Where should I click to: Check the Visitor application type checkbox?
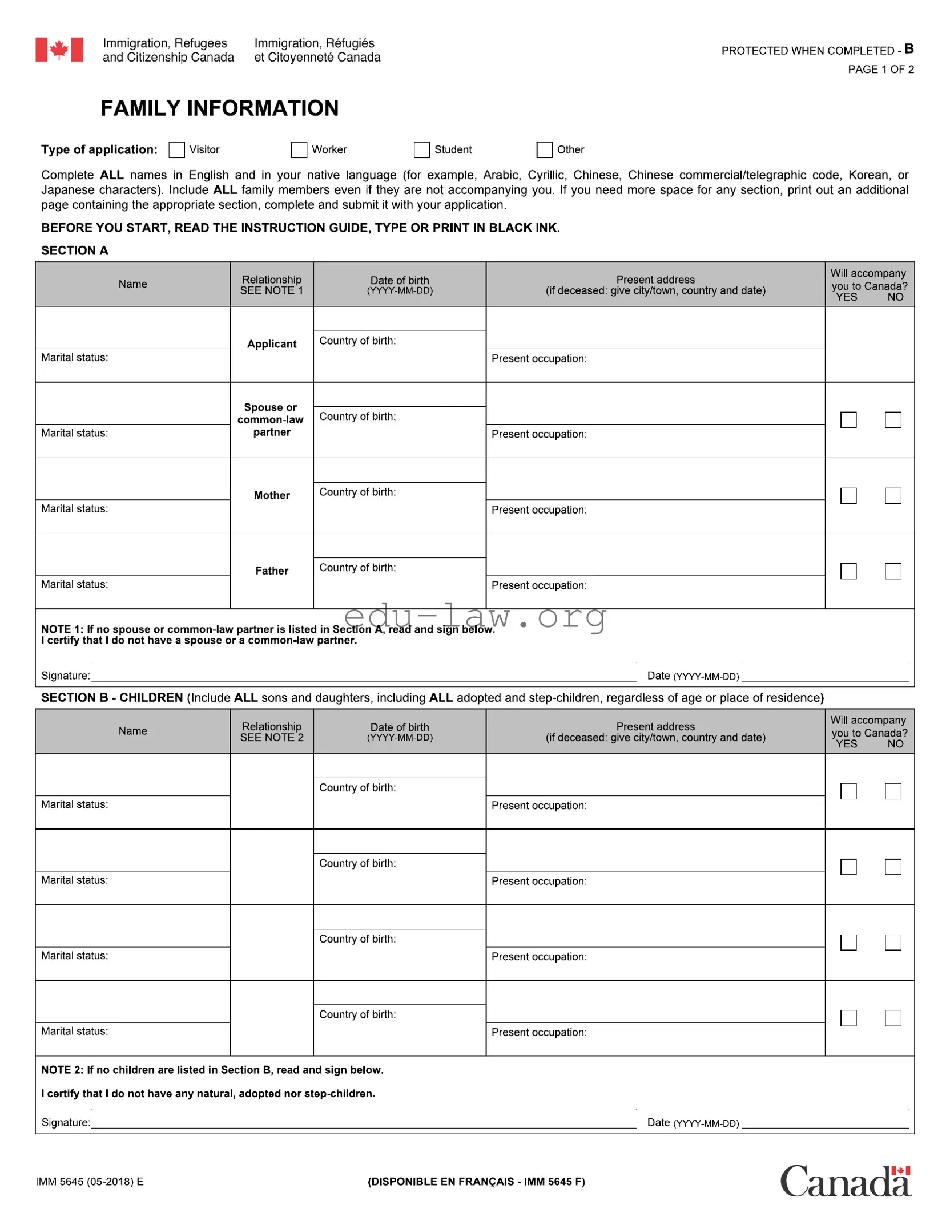click(177, 150)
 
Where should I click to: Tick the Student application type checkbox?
click(422, 150)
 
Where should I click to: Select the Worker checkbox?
click(299, 150)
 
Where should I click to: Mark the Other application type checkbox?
click(545, 150)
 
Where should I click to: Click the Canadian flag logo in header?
click(59, 50)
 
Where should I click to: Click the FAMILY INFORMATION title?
click(219, 108)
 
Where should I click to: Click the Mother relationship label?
click(272, 495)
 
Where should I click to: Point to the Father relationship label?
click(272, 571)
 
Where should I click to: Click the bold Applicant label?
click(272, 344)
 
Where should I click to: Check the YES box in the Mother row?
click(848, 496)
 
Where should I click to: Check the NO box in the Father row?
click(893, 571)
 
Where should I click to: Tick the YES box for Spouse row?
click(848, 421)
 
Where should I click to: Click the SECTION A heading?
click(75, 250)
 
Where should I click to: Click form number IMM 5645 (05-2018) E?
click(90, 1182)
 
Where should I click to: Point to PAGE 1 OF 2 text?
click(880, 70)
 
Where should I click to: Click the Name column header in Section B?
click(132, 731)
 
